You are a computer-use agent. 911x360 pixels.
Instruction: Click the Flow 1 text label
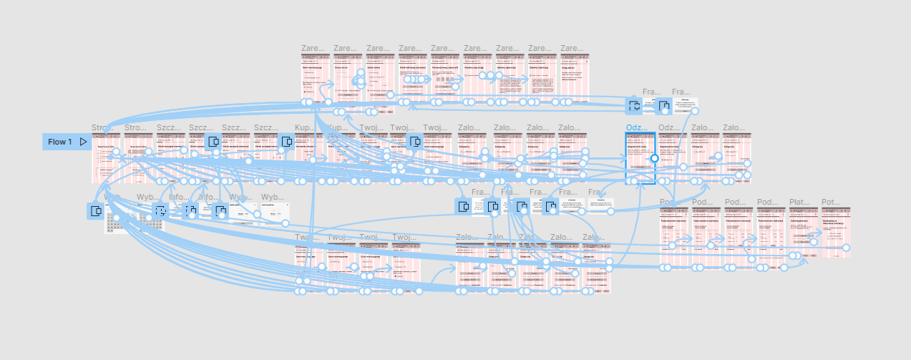[60, 142]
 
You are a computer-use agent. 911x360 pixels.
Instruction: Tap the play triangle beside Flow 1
[83, 142]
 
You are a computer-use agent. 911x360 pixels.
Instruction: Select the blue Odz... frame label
[636, 128]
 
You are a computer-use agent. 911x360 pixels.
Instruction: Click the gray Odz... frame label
[669, 128]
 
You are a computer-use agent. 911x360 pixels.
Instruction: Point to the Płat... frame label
[799, 203]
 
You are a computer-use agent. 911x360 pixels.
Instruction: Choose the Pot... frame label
[831, 203]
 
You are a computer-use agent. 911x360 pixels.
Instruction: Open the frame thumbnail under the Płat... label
[804, 233]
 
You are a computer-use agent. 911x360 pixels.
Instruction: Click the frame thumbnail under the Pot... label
[836, 233]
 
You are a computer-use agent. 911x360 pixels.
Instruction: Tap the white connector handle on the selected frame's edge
[654, 157]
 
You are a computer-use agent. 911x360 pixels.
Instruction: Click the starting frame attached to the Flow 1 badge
[106, 157]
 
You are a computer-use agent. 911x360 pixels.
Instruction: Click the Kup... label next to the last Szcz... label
[303, 128]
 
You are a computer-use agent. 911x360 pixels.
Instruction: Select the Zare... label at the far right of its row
[571, 49]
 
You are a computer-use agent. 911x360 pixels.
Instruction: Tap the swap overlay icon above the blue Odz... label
[633, 106]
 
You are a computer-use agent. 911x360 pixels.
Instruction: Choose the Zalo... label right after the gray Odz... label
[701, 128]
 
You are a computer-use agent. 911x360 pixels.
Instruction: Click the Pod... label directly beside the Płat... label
[767, 203]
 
